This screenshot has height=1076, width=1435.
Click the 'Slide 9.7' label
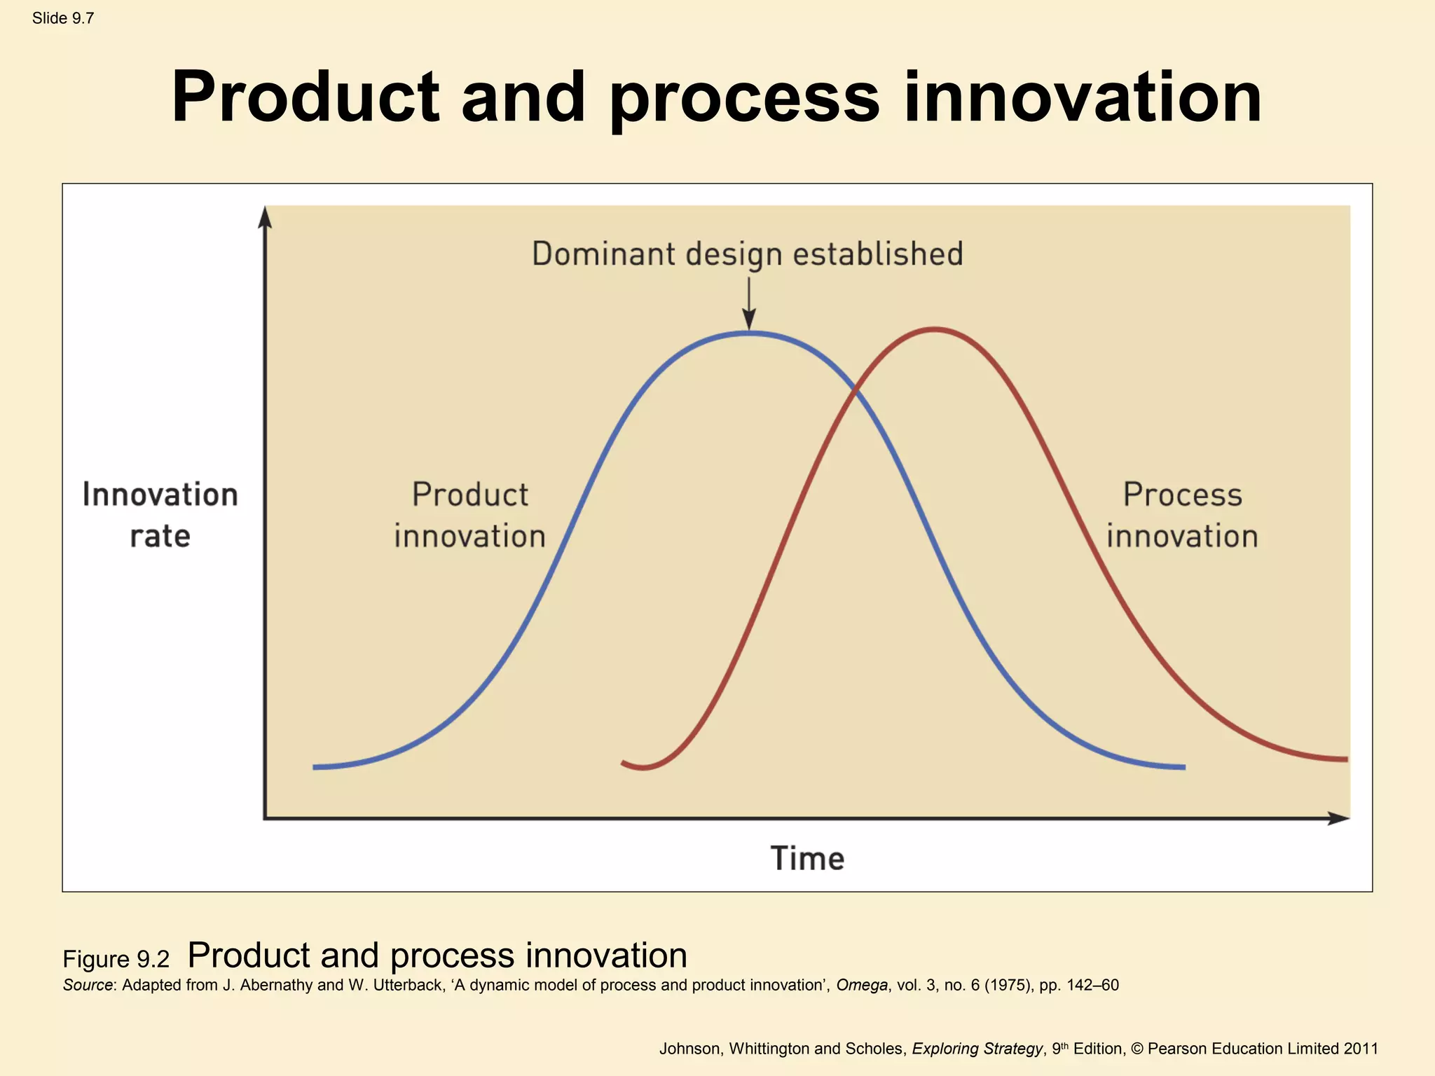click(62, 18)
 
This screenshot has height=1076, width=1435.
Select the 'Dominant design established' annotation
click(747, 254)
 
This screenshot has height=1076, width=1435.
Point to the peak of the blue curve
click(749, 334)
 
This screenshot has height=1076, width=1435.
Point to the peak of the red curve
click(935, 329)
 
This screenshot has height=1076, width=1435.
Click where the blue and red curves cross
click(855, 392)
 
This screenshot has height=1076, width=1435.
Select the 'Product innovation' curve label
click(469, 515)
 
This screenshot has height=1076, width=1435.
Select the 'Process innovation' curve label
click(1182, 515)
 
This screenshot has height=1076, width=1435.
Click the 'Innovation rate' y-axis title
click(160, 515)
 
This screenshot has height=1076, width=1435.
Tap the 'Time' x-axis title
click(807, 858)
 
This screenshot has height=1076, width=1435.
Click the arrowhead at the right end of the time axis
click(1339, 818)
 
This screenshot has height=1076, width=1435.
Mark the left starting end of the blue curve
click(315, 767)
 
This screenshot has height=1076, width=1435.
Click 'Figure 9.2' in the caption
click(116, 959)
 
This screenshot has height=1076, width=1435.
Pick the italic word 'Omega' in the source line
click(861, 985)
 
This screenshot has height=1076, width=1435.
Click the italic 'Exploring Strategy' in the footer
click(977, 1049)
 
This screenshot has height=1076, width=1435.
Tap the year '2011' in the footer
click(1360, 1049)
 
